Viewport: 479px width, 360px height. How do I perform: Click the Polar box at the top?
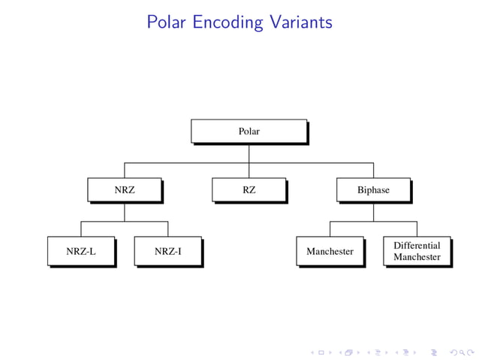pos(249,131)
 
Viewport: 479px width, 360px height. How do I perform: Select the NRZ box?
pos(124,190)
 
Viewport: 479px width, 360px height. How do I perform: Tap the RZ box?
pos(249,190)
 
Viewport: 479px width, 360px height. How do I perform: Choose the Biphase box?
pos(373,190)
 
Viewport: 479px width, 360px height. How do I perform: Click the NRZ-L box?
pos(81,251)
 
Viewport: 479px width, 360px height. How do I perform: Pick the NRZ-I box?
pos(167,251)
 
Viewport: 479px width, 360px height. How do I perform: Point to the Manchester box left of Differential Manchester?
pos(330,251)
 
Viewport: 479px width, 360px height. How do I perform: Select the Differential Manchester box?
pos(417,251)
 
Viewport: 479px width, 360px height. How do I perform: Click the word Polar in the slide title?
pos(167,22)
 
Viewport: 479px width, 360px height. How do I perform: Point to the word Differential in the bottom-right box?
pos(417,246)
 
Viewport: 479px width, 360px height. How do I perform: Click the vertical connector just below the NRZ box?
pos(124,212)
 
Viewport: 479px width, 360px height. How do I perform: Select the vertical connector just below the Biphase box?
pos(373,212)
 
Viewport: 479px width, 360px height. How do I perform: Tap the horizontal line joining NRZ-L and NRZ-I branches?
pos(124,222)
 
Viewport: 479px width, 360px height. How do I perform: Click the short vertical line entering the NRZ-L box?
pos(81,229)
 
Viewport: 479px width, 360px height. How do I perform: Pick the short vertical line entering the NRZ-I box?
pos(167,229)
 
